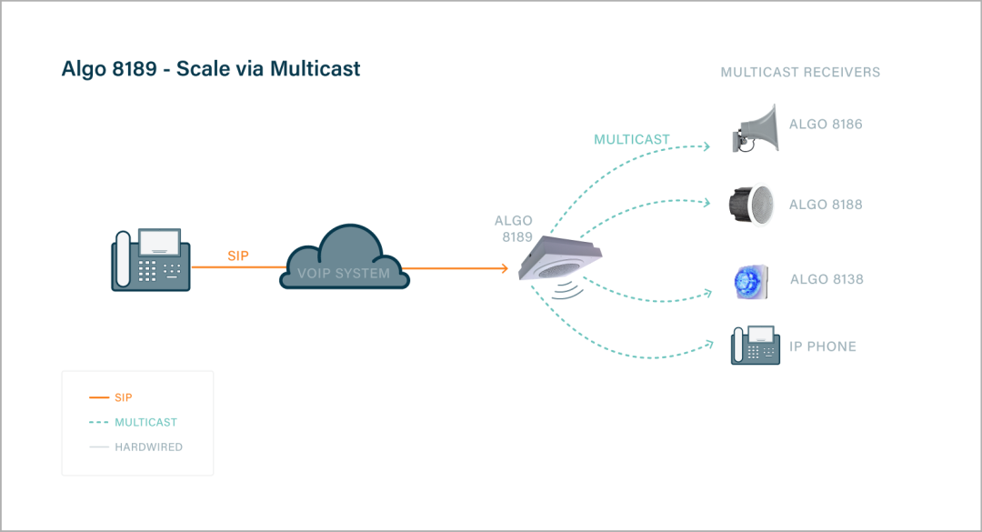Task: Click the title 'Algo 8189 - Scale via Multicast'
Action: pos(211,68)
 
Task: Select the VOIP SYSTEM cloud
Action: pos(344,259)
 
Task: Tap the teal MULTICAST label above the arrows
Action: pos(631,140)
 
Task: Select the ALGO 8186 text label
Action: pos(826,125)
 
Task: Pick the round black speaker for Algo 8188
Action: pos(751,204)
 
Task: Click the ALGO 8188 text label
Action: pos(826,205)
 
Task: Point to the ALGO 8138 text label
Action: pos(827,279)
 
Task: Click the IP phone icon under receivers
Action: pos(755,346)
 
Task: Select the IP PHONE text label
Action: pos(822,346)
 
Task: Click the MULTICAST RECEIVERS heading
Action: pos(800,72)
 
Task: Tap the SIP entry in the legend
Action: pos(124,397)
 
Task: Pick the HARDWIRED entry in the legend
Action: pos(148,447)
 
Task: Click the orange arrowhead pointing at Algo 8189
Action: pos(504,268)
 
